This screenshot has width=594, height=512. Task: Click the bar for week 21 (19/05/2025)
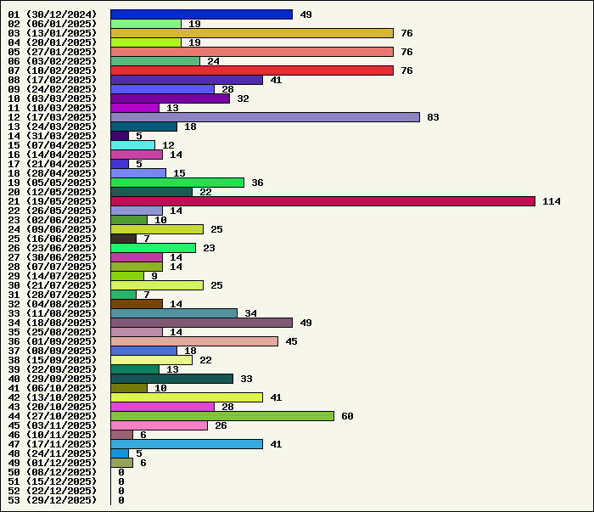click(322, 201)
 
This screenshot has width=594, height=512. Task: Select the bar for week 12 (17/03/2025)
click(265, 117)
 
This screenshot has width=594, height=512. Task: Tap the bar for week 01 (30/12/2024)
click(201, 14)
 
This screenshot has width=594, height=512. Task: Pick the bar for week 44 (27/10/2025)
click(222, 416)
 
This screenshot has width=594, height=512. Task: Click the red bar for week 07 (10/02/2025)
click(252, 70)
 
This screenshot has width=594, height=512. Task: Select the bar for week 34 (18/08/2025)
click(201, 323)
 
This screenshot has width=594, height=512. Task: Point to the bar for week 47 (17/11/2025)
click(187, 444)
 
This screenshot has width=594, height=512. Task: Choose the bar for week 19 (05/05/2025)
click(177, 183)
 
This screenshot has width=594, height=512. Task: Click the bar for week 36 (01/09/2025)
click(194, 341)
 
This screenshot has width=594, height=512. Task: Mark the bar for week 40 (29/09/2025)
click(171, 379)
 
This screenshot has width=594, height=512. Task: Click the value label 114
click(552, 201)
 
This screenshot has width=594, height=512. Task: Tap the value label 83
click(433, 117)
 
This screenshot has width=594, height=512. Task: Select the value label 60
click(347, 416)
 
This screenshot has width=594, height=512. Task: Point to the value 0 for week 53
click(121, 500)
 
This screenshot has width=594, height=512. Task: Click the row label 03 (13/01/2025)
click(53, 33)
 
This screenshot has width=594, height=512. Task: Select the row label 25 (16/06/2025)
click(53, 239)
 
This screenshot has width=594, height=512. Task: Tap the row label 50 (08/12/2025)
click(53, 472)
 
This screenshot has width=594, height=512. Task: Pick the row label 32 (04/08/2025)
click(53, 304)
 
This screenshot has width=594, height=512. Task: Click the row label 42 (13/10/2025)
click(53, 397)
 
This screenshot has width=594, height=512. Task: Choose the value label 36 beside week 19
click(257, 183)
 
